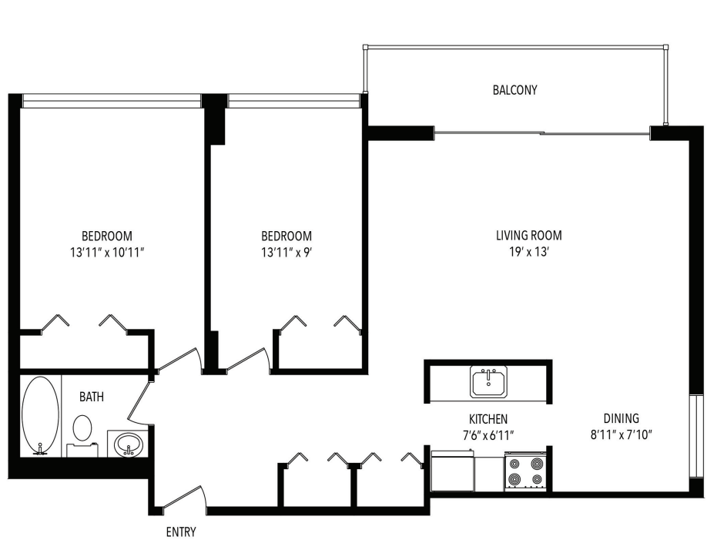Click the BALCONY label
tap(514, 90)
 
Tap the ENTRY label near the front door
tap(181, 531)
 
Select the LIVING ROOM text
tap(528, 236)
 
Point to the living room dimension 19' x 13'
tap(528, 251)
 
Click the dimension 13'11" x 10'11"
tap(107, 251)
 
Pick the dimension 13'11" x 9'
tap(286, 251)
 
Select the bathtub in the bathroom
tap(40, 414)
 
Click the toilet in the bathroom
tap(82, 429)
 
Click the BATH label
tap(92, 397)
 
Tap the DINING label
tap(621, 419)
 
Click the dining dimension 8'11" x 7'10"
tap(621, 434)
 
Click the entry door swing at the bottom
tap(185, 497)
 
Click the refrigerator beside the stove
tap(453, 471)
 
